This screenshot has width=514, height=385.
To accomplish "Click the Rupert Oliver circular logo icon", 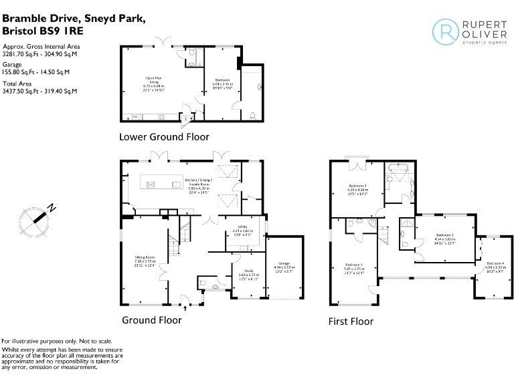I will (x=445, y=31).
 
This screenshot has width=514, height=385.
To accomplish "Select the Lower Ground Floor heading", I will (x=164, y=137).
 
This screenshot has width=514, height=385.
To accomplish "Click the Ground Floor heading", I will (x=151, y=320).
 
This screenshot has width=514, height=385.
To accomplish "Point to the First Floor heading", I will (x=351, y=322).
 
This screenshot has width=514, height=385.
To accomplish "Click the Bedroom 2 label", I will (x=357, y=188).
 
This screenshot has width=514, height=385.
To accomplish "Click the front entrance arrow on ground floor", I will (x=184, y=308).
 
